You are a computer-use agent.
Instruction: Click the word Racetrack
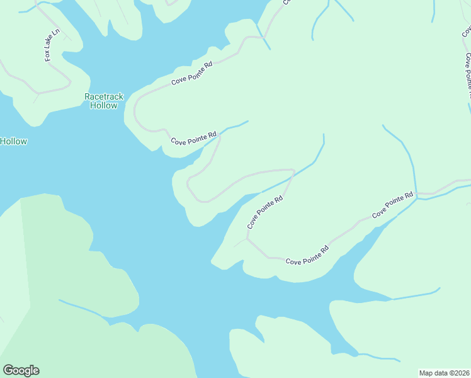point(104,96)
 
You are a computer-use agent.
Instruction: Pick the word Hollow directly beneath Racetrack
point(104,105)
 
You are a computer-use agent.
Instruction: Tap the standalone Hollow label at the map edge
point(13,141)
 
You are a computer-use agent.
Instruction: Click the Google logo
point(21,370)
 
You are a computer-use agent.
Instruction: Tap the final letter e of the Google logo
point(36,371)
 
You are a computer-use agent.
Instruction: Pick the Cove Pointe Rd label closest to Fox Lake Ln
point(192,74)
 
